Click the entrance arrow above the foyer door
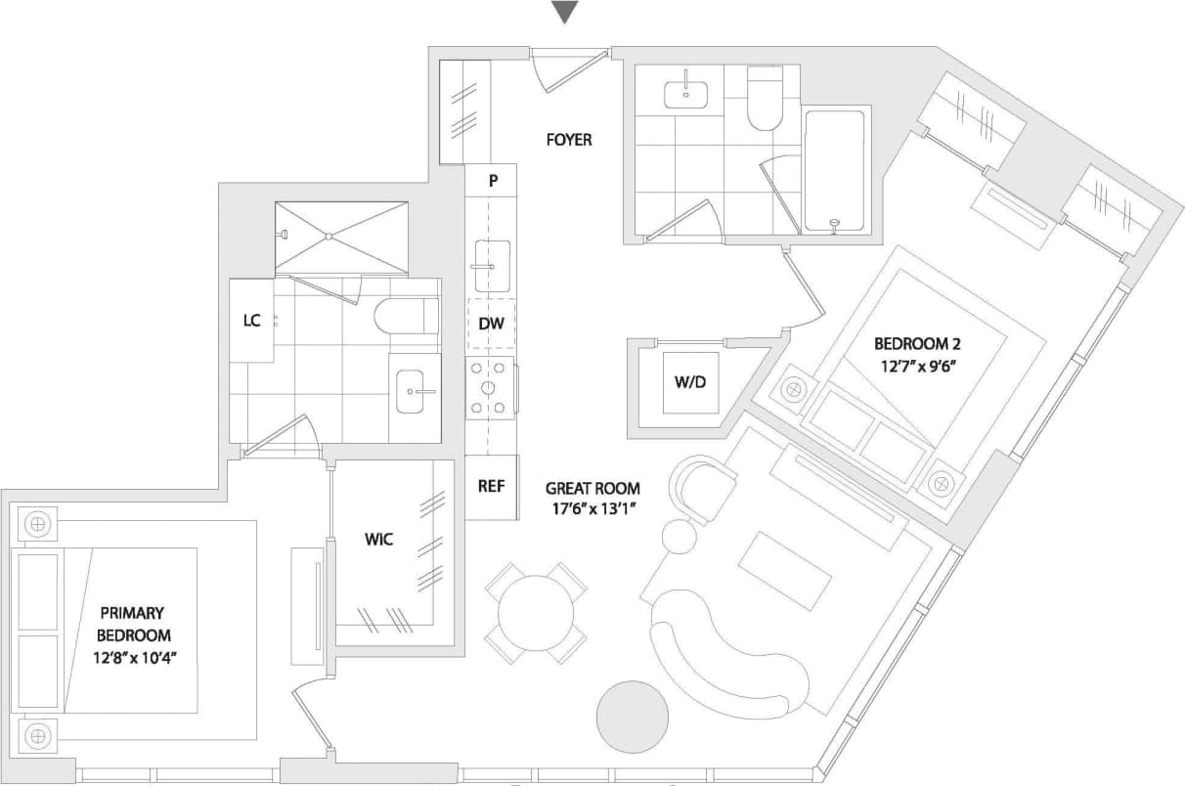click(x=565, y=13)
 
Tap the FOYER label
click(x=568, y=140)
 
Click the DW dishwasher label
click(x=491, y=324)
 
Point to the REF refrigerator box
click(x=491, y=487)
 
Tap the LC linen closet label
click(x=251, y=321)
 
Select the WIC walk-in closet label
click(x=379, y=539)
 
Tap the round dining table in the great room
click(x=536, y=614)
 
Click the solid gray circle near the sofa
click(x=632, y=716)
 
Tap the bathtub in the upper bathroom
click(x=834, y=171)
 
